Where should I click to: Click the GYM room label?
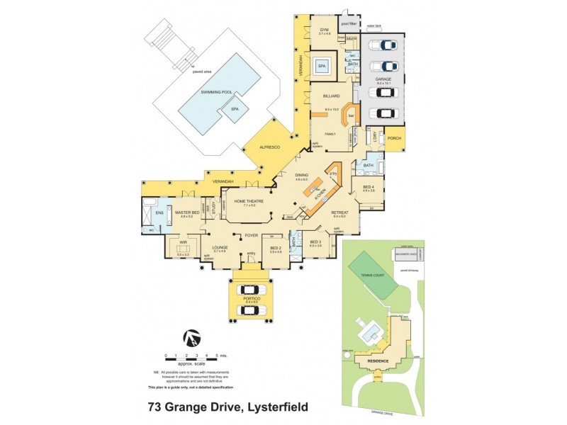tap(325, 29)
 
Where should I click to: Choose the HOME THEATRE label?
tap(249, 201)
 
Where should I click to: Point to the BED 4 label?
tap(368, 186)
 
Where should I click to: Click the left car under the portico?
tap(249, 290)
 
